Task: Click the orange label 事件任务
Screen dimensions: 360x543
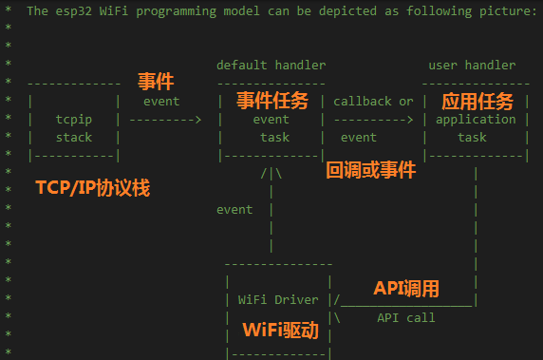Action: click(x=271, y=101)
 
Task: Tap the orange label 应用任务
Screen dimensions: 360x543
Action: click(x=477, y=101)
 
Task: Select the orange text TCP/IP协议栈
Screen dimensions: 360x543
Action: click(x=92, y=187)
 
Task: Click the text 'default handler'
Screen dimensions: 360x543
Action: click(x=271, y=66)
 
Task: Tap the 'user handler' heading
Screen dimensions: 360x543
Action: click(x=472, y=66)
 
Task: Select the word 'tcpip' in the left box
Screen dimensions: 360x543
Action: click(x=73, y=120)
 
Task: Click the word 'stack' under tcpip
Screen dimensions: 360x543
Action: click(x=73, y=138)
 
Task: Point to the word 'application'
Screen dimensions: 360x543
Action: click(x=476, y=120)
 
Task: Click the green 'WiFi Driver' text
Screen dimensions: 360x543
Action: click(x=277, y=299)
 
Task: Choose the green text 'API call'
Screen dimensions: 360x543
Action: click(x=405, y=317)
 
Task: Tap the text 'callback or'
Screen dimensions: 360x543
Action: click(x=373, y=102)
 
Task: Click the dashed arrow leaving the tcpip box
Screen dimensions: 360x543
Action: click(x=165, y=120)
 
